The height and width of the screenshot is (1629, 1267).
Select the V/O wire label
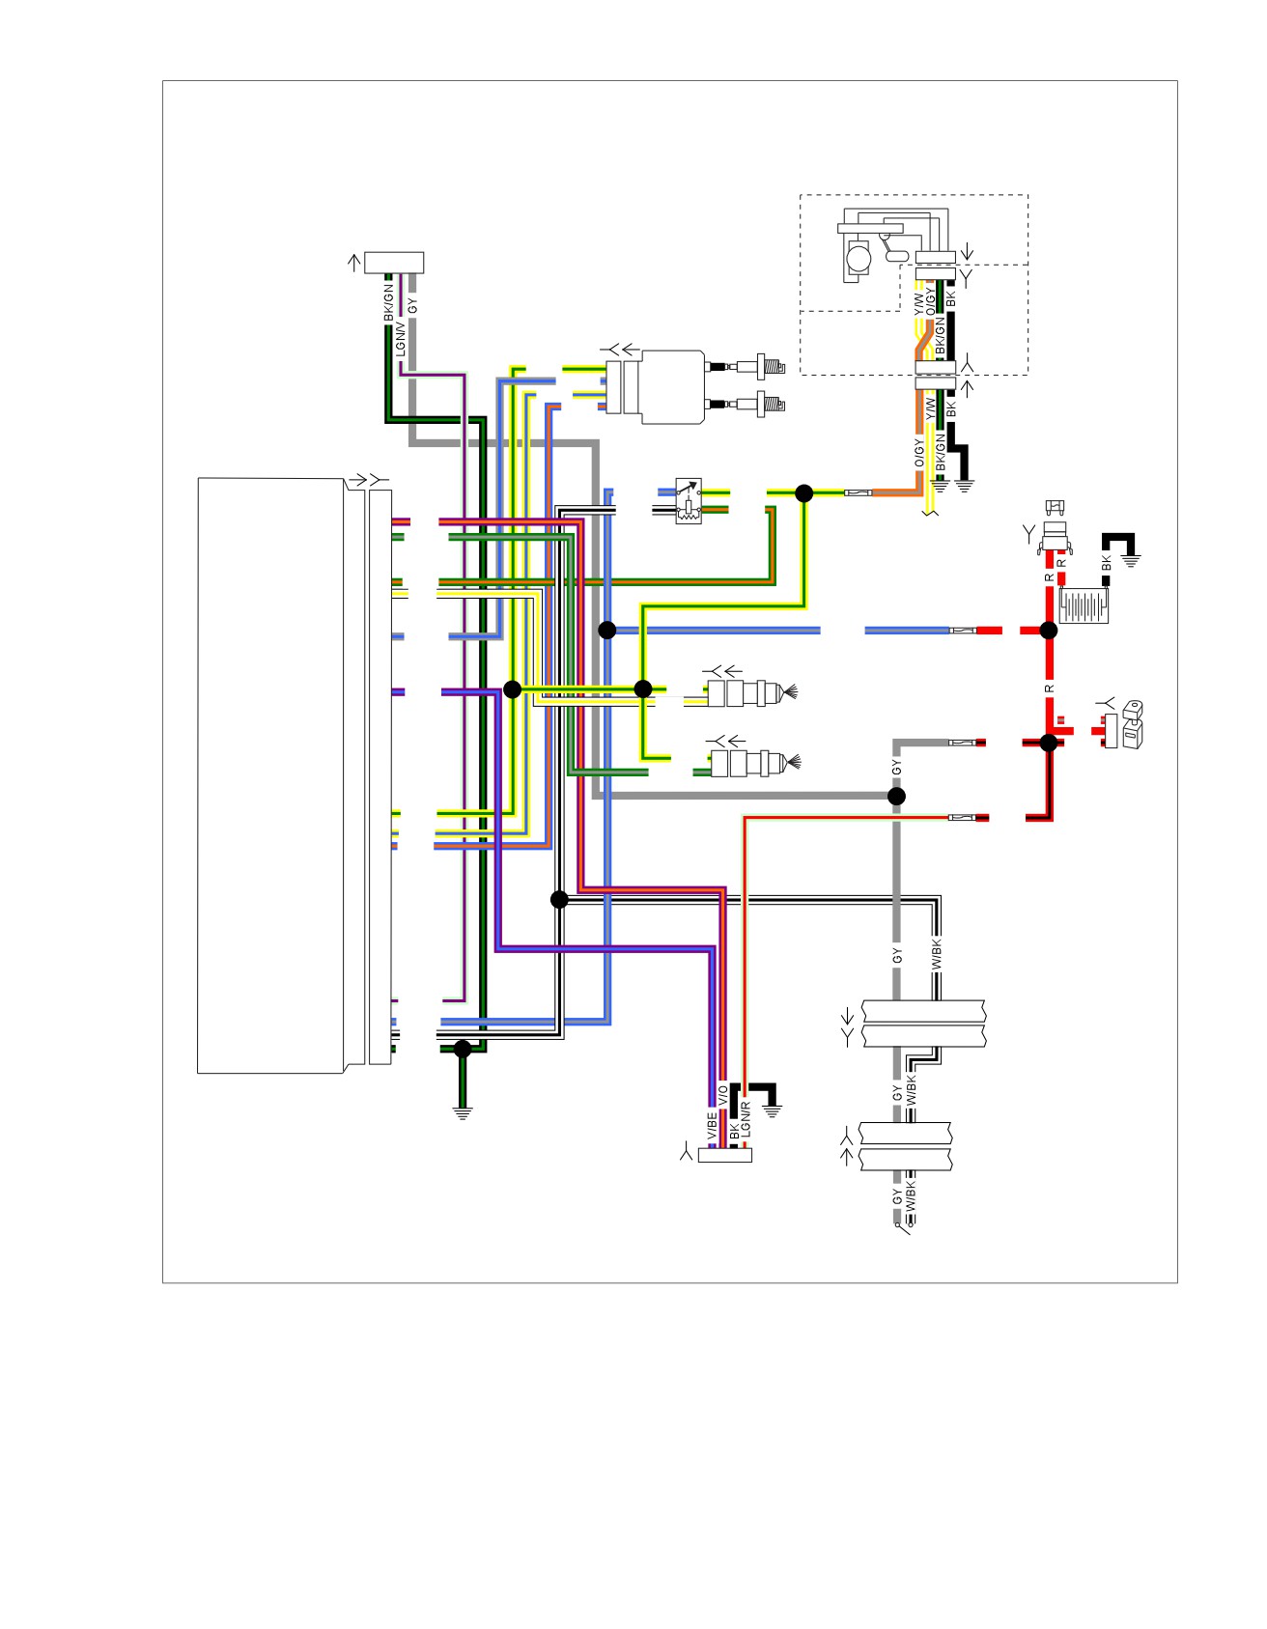pyautogui.click(x=723, y=1095)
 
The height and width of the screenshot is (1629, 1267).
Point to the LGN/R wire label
pyautogui.click(x=746, y=1117)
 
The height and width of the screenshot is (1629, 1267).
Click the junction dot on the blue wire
pyautogui.click(x=606, y=631)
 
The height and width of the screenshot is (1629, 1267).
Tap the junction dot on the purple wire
pyautogui.click(x=513, y=689)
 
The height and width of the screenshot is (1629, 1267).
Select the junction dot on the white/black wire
pyautogui.click(x=559, y=900)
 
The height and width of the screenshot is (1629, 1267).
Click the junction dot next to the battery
pyautogui.click(x=1049, y=631)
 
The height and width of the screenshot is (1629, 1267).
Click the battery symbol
pyautogui.click(x=1084, y=606)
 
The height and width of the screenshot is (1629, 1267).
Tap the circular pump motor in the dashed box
pyautogui.click(x=858, y=258)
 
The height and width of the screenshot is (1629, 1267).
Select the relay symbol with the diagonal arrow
pyautogui.click(x=689, y=500)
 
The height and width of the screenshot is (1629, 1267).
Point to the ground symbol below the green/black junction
pyautogui.click(x=463, y=1111)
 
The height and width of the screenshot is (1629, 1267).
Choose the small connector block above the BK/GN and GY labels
pyautogui.click(x=393, y=263)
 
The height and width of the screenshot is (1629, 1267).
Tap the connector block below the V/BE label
pyautogui.click(x=725, y=1155)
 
